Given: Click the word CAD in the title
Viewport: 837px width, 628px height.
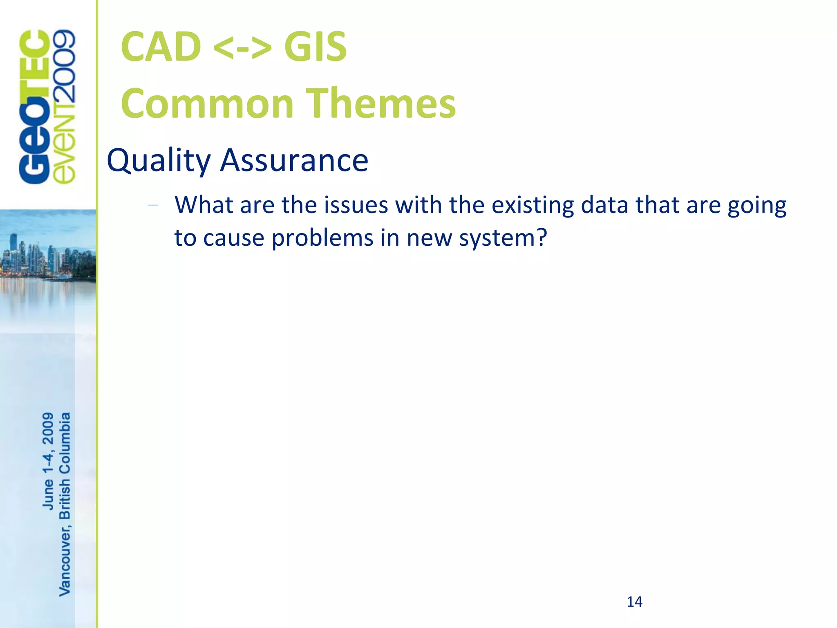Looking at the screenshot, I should point(161,47).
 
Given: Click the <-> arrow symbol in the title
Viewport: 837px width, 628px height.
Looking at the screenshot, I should point(242,48).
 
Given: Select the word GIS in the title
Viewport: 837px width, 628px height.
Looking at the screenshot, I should point(315,47).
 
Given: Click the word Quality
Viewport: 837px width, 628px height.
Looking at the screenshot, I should point(159,161).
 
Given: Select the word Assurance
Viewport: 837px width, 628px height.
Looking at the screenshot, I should point(294,161).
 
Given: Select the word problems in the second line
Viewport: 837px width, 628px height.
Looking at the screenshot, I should point(322,238).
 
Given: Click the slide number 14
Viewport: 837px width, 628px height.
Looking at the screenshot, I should point(634,602).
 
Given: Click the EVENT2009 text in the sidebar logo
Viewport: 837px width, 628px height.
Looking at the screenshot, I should point(65,107).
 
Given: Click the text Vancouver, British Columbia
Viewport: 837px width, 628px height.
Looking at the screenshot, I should point(65,504).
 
